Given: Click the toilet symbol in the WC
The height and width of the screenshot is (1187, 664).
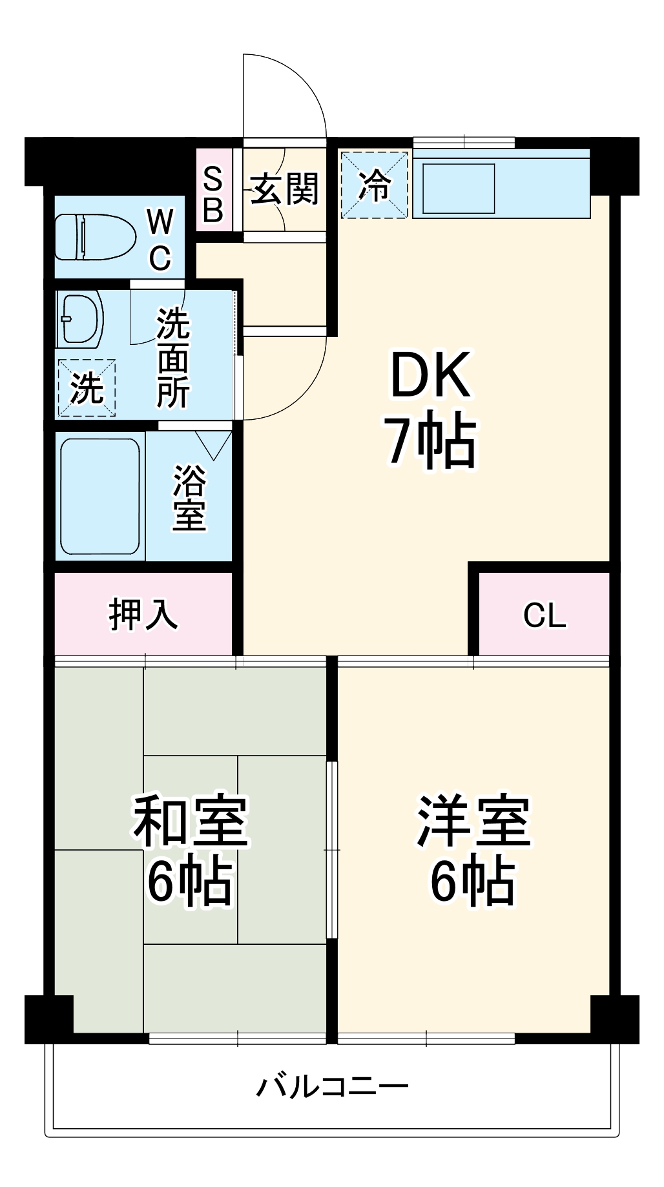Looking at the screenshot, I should coord(95,237).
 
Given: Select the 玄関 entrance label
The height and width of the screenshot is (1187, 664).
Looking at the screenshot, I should coord(285,189).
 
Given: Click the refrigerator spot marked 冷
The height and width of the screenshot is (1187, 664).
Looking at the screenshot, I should coord(375,185).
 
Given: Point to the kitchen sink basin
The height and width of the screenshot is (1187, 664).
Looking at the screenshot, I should coord(459,188).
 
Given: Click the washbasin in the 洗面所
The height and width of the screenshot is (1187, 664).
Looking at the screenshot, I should coord(80,319).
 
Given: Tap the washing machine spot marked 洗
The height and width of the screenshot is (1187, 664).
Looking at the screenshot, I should coord(87,387).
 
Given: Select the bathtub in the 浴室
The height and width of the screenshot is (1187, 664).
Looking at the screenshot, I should coord(100,496).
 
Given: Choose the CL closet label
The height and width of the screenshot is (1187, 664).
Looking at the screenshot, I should coord(545,615).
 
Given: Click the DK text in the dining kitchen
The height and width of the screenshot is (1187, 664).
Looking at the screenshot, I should coord(430,375).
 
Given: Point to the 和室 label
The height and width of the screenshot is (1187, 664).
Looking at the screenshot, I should coord(191,821).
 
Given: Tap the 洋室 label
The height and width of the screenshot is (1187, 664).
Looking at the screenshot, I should coord(473,821).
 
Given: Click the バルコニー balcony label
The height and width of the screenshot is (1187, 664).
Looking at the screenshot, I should coord(332,1086).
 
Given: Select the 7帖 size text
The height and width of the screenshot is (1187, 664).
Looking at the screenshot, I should coord(431,442).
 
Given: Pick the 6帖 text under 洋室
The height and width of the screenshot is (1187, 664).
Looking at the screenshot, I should coord(473,881).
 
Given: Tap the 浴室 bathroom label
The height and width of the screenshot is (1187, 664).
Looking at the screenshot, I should coord(189,497).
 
